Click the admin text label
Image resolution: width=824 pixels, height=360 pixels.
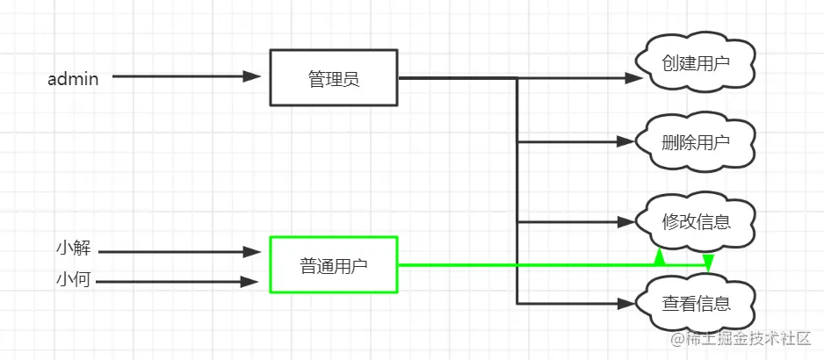[x=72, y=79]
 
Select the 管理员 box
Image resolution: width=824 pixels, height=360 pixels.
[x=334, y=78]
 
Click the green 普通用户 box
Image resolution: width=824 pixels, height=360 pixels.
[x=334, y=263]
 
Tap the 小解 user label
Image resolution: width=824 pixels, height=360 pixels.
[x=73, y=248]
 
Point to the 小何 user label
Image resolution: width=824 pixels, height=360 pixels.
[x=73, y=281]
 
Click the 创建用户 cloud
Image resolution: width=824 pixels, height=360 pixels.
[x=696, y=64]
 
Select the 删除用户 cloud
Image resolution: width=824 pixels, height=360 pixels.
[x=696, y=142]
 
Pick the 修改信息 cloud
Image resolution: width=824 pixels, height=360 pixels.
[x=696, y=220]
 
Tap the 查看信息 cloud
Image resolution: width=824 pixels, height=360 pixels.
[x=696, y=304]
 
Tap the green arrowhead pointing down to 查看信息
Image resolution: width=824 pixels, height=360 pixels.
[x=708, y=263]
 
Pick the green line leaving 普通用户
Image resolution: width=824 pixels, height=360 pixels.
[x=527, y=263]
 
